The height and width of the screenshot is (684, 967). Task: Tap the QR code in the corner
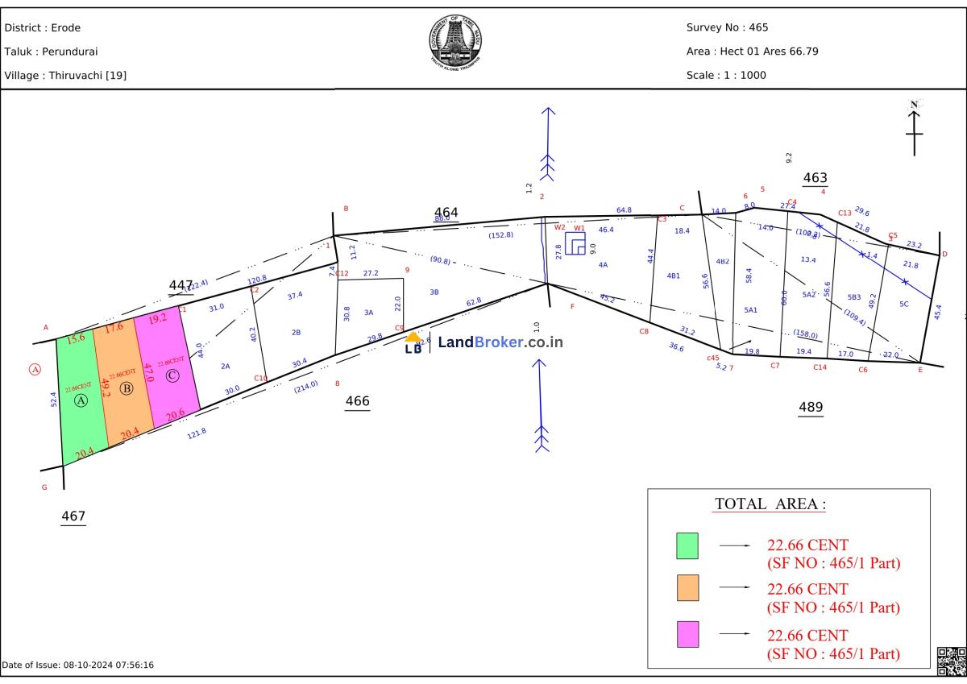[x=951, y=661]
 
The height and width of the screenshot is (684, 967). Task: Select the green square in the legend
[x=687, y=545]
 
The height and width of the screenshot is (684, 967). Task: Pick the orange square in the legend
[x=687, y=587]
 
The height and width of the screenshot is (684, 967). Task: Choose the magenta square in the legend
[x=687, y=634]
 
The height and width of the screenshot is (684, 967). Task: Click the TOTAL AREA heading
[x=770, y=504]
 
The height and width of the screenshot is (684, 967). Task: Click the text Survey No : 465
[x=727, y=27]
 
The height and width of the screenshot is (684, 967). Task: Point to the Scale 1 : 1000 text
[x=726, y=76]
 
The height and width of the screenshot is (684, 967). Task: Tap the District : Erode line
[x=43, y=27]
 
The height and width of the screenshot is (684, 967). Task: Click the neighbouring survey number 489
[x=811, y=408]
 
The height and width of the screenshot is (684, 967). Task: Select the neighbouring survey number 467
[x=73, y=516]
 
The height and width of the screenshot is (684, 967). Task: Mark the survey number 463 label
[x=815, y=178]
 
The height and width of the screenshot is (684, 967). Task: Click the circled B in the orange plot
[x=126, y=389]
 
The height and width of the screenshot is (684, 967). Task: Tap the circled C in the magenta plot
[x=172, y=375]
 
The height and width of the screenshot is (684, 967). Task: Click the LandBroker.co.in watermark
[x=484, y=342]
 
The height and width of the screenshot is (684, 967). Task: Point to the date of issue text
[x=77, y=665]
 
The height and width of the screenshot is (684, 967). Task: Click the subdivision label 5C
[x=903, y=304]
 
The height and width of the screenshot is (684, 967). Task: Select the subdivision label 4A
[x=603, y=264]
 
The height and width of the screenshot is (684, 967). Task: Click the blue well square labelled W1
[x=575, y=243]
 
